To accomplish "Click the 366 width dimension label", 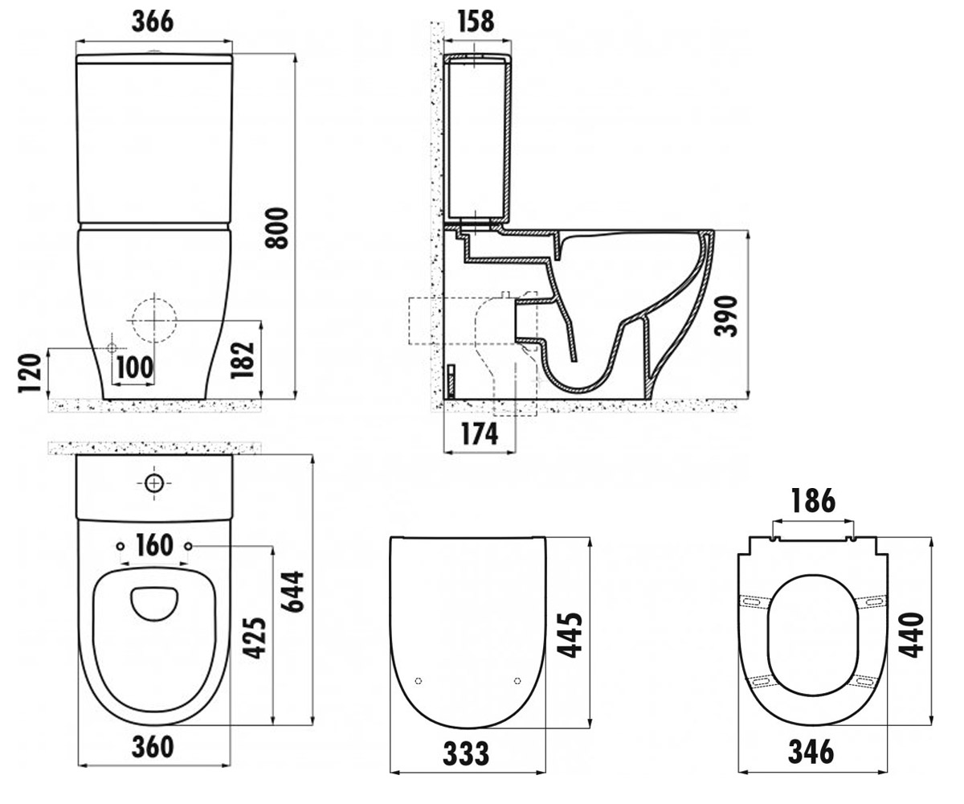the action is coord(153,21).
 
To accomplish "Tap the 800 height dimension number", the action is coord(277,228).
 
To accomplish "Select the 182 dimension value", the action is coord(243,360).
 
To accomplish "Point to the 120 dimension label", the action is coord(30,374).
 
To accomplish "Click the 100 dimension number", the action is coord(134,367).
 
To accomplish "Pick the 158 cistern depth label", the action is coord(476,21).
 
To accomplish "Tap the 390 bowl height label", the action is coord(725,317).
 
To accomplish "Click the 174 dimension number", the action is coord(480,434).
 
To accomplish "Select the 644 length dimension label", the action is coord(293,593).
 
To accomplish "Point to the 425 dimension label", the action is coord(255,638).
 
